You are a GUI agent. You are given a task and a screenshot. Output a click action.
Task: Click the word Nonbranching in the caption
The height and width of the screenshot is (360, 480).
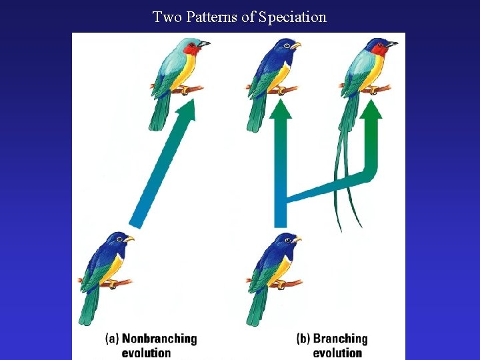159,339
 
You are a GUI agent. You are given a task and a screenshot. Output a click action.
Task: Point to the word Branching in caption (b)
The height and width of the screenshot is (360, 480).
340,339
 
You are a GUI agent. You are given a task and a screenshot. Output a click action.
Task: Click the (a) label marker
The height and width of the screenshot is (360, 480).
112,339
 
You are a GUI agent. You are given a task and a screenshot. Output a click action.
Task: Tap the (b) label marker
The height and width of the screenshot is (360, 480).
303,339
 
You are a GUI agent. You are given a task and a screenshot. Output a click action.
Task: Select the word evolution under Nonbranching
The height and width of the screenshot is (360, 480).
146,353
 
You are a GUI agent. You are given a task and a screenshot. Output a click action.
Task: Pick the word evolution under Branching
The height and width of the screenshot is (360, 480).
337,353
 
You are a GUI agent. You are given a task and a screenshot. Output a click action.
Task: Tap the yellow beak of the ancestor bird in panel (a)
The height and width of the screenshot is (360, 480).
129,238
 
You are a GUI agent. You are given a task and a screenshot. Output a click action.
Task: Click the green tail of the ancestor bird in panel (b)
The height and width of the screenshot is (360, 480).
257,307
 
